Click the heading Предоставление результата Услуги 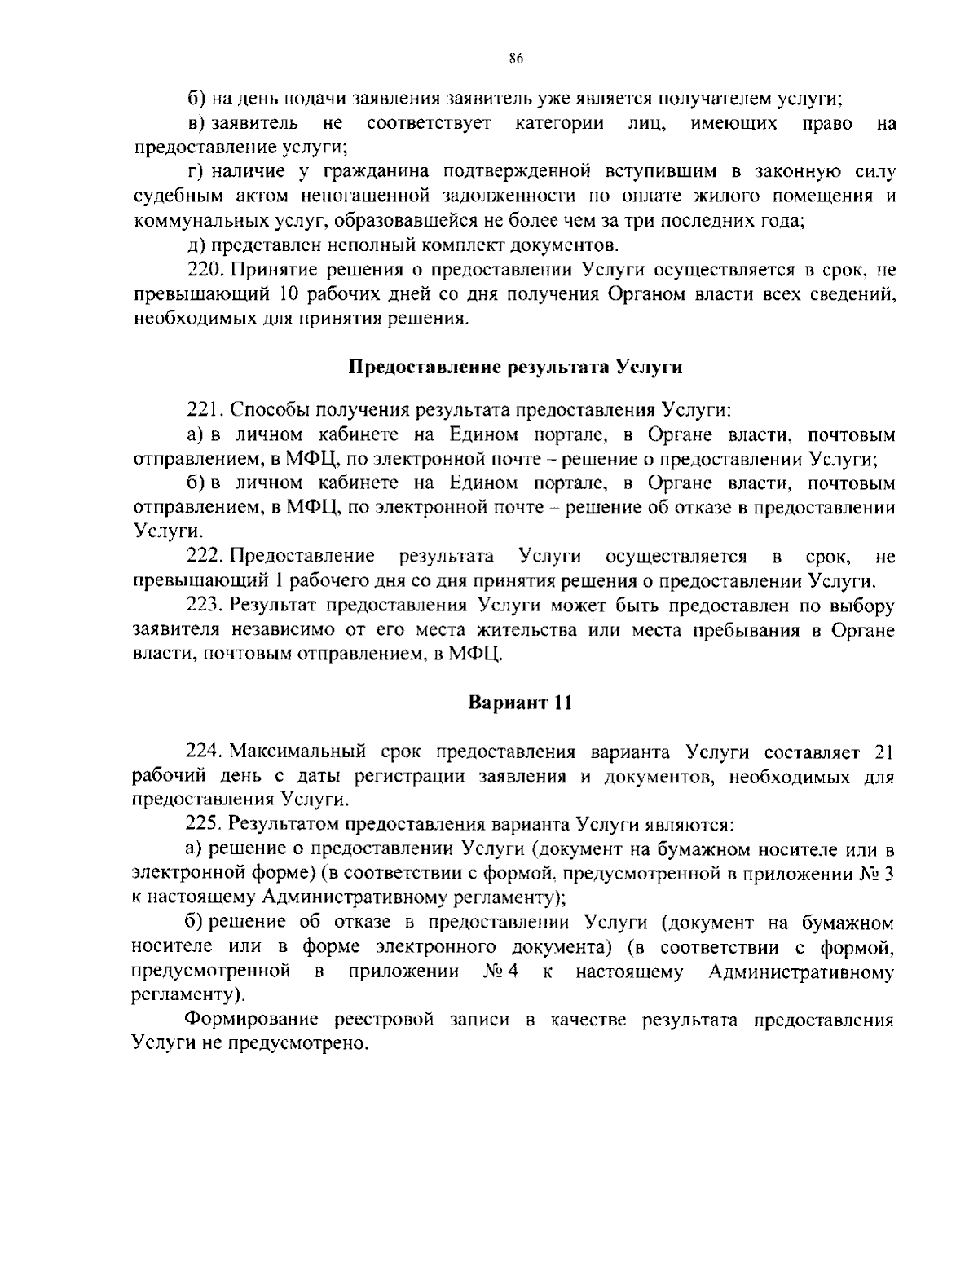tap(515, 367)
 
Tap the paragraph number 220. tap(203, 270)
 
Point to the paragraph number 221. tap(203, 410)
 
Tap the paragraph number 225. tap(203, 824)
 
